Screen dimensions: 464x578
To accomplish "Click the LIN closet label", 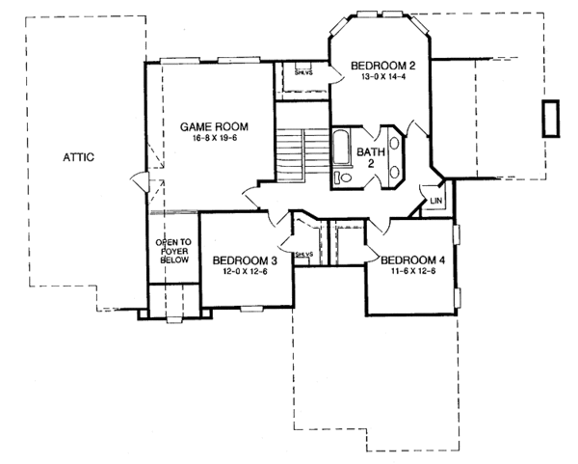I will pos(435,201).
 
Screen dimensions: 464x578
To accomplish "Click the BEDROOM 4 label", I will pos(413,260).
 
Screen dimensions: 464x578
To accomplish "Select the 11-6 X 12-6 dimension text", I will pos(413,273).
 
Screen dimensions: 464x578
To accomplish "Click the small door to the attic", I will pos(141,181).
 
